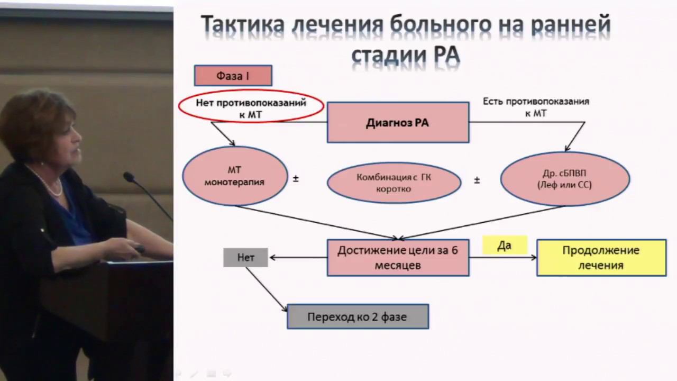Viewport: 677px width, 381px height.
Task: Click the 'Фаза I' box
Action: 233,76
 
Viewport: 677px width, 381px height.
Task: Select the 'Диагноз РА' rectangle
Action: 398,123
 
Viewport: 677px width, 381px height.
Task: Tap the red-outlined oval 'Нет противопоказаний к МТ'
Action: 251,107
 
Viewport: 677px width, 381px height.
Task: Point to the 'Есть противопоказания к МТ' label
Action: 536,106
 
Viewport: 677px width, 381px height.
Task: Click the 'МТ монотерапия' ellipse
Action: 235,176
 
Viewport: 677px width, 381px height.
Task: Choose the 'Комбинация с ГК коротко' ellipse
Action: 394,183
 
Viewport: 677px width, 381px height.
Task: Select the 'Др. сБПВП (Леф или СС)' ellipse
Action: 564,179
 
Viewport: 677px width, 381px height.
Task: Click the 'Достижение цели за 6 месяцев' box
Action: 398,258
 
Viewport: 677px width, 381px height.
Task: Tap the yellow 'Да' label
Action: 505,246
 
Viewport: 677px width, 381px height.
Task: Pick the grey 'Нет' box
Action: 245,258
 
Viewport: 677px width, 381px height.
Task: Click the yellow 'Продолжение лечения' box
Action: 601,258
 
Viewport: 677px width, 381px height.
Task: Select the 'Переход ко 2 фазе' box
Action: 358,316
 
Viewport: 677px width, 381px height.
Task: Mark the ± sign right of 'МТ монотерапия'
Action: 296,179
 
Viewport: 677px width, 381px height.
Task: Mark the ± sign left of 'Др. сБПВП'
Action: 477,180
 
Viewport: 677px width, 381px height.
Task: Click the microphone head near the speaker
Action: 129,177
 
